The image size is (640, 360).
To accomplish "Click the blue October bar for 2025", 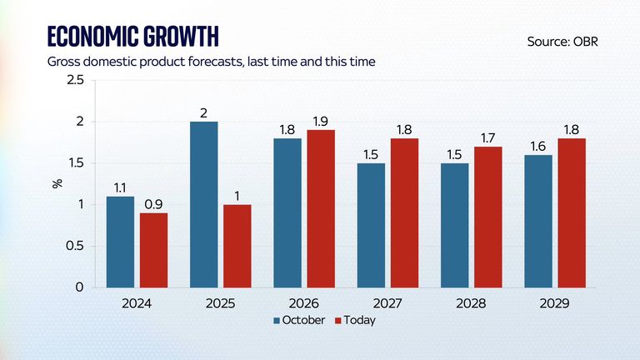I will click(204, 204).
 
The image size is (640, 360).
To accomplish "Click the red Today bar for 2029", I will click(572, 212).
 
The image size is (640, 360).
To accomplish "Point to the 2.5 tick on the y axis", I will click(74, 80).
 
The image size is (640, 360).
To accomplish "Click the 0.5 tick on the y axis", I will click(74, 246).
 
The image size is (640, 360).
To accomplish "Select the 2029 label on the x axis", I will click(553, 304).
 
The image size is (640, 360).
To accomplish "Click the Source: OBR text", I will click(562, 40).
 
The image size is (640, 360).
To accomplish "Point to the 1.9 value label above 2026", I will click(321, 121).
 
